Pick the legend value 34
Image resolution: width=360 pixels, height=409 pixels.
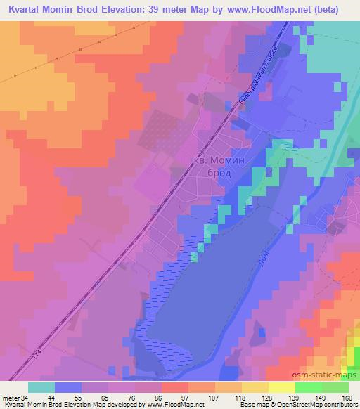[25, 397]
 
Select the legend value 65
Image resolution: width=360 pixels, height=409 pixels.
[105, 397]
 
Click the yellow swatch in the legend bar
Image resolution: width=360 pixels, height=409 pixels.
[282, 387]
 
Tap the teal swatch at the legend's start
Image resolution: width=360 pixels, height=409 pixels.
[41, 387]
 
